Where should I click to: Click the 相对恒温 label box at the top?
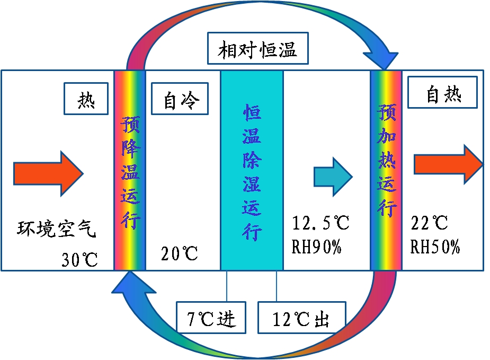click(x=257, y=50)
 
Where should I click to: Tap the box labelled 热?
click(x=86, y=99)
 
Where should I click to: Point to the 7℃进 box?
click(x=211, y=318)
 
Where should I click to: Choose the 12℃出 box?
click(x=301, y=318)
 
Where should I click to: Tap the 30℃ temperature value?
click(x=79, y=260)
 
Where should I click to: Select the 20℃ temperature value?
click(x=180, y=254)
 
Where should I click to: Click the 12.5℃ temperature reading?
click(x=321, y=223)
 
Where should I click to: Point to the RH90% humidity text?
click(x=316, y=247)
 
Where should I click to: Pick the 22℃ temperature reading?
click(x=430, y=223)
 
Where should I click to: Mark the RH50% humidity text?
click(x=435, y=247)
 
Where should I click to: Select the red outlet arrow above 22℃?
click(x=448, y=164)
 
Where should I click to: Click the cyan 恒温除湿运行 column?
click(x=252, y=170)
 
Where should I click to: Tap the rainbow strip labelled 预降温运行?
click(x=130, y=170)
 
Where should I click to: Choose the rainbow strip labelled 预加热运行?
click(x=386, y=170)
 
